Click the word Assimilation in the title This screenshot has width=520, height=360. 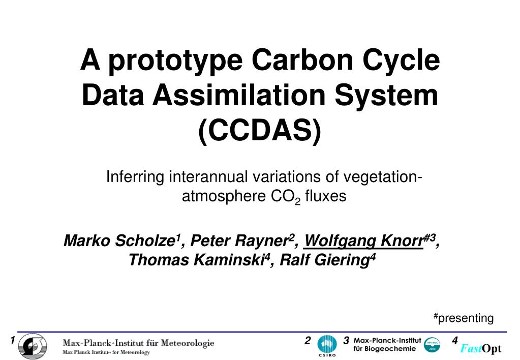click(x=239, y=95)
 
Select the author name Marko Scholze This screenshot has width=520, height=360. click(x=119, y=241)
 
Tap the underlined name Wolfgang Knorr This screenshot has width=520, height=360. click(x=364, y=241)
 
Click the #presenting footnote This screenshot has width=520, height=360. click(x=464, y=318)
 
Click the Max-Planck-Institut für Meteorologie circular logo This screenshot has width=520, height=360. click(x=33, y=346)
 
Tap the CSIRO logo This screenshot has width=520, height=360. click(x=327, y=345)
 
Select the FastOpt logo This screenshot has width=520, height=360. click(x=480, y=348)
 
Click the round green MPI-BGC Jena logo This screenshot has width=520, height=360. click(x=432, y=345)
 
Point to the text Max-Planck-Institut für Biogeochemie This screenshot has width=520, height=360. click(x=387, y=344)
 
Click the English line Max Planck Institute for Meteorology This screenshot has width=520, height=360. click(x=106, y=352)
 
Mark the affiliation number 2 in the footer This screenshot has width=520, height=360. click(x=308, y=341)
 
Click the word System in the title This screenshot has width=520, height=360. click(x=386, y=96)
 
